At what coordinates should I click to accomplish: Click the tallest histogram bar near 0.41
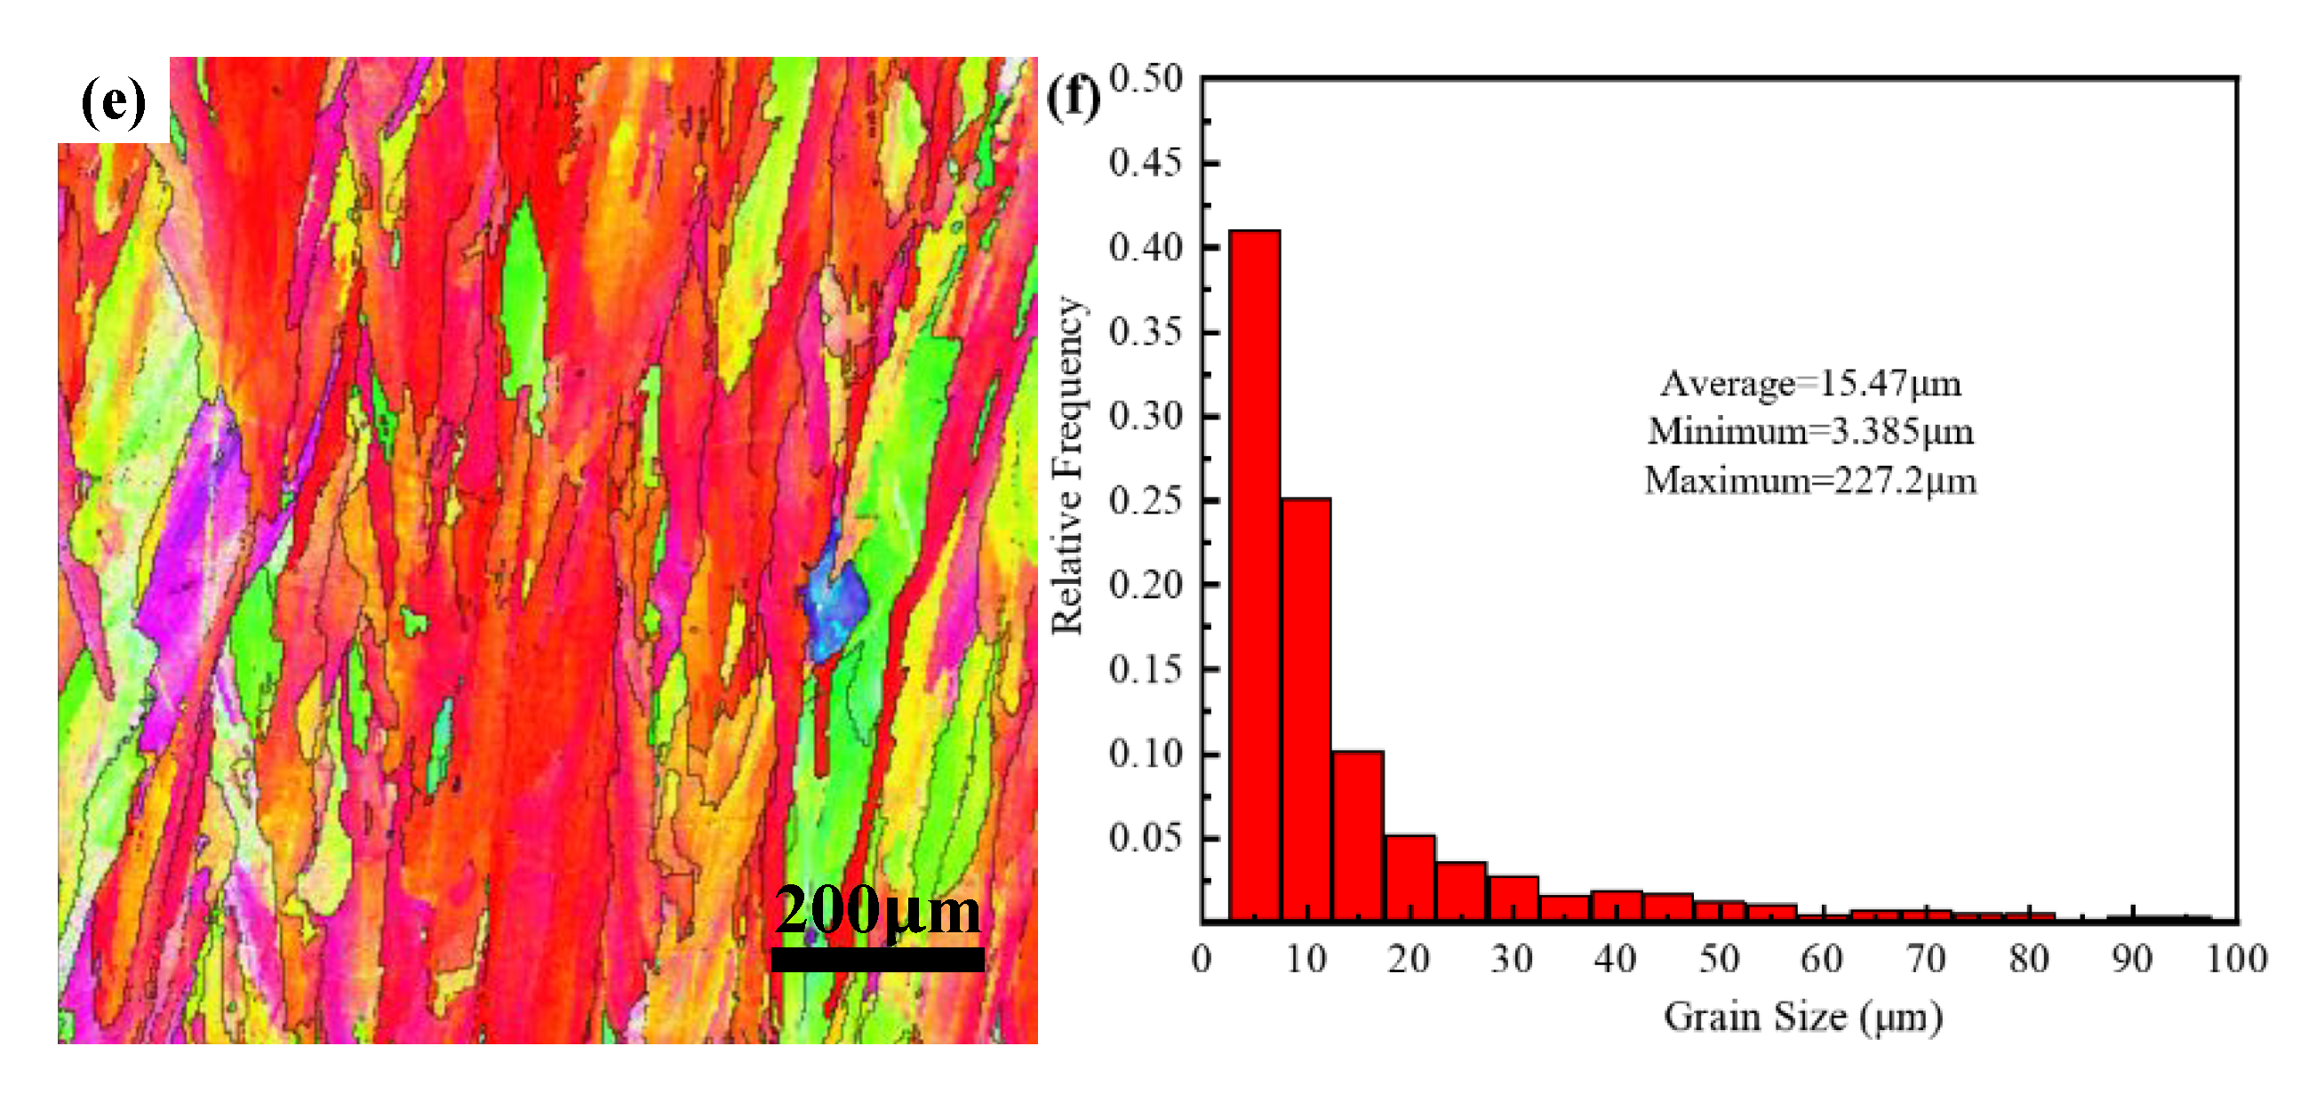[1253, 573]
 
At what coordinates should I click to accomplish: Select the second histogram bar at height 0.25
[1306, 707]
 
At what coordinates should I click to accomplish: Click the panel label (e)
[114, 100]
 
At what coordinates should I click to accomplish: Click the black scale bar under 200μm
[877, 960]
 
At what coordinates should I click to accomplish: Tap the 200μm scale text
[877, 910]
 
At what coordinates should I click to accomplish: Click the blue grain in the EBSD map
[835, 610]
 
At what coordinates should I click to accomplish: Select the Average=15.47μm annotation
[1810, 383]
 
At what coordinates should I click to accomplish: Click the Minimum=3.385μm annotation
[1810, 432]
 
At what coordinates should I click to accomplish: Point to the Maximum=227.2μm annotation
[1810, 481]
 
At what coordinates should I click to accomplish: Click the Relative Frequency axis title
[1067, 466]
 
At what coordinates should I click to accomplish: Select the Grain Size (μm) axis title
[1802, 1017]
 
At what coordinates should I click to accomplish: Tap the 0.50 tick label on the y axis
[1146, 79]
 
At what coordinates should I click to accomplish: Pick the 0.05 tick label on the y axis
[1146, 838]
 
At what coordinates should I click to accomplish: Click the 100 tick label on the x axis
[2236, 960]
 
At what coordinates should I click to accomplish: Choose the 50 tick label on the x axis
[1720, 960]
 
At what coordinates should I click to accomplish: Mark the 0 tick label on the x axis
[1202, 960]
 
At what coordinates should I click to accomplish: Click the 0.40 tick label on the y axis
[1146, 247]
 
